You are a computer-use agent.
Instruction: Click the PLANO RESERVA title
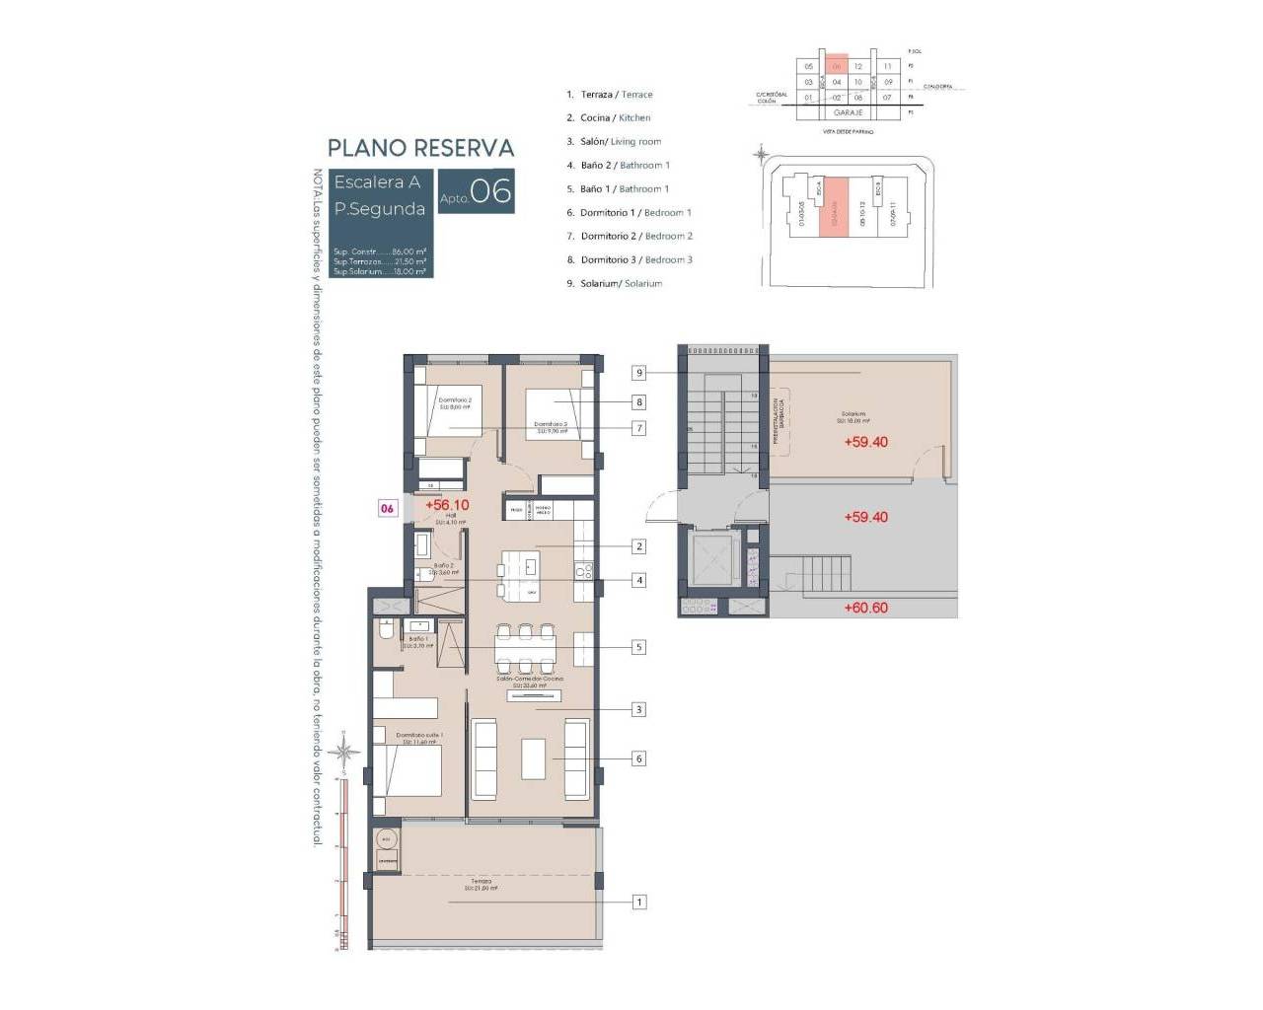420,148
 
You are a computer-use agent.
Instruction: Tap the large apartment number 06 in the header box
490,191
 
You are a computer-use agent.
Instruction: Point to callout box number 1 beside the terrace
639,902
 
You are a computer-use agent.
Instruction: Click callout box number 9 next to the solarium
639,372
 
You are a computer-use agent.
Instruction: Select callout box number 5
639,647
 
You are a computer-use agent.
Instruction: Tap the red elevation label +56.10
447,505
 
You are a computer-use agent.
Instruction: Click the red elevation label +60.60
865,608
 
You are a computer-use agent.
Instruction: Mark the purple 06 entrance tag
388,509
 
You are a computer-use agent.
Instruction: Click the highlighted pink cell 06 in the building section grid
836,67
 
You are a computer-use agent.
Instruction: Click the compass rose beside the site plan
761,154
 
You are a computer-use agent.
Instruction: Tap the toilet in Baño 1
387,630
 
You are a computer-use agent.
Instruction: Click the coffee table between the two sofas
534,759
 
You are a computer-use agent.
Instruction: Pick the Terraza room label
481,882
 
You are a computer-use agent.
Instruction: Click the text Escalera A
377,182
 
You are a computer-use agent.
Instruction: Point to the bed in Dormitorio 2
447,410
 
